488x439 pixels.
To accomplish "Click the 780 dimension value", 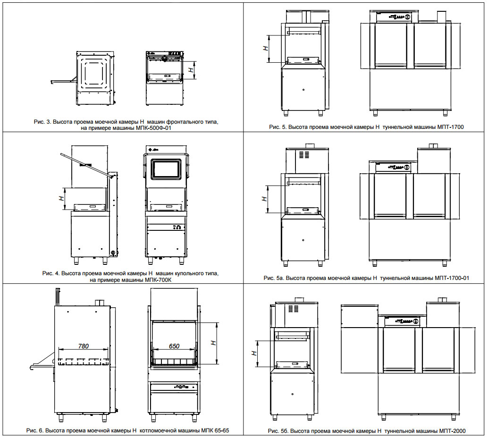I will [x=84, y=346].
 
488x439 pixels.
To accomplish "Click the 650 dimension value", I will [x=174, y=346].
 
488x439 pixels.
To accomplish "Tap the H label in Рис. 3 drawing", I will [x=190, y=69].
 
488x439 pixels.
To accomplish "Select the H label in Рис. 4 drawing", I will [x=61, y=199].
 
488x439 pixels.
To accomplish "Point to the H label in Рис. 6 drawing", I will [x=213, y=343].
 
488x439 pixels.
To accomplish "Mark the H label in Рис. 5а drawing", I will [x=264, y=199].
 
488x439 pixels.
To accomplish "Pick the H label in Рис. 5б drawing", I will [x=253, y=353].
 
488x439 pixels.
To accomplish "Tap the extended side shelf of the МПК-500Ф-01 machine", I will [x=61, y=82].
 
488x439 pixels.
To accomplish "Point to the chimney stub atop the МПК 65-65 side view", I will [x=99, y=302].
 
